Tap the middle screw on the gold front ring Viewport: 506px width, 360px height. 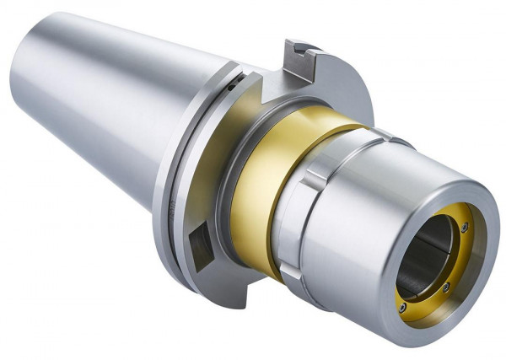coord(447,287)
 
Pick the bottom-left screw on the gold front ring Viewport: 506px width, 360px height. coord(403,308)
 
